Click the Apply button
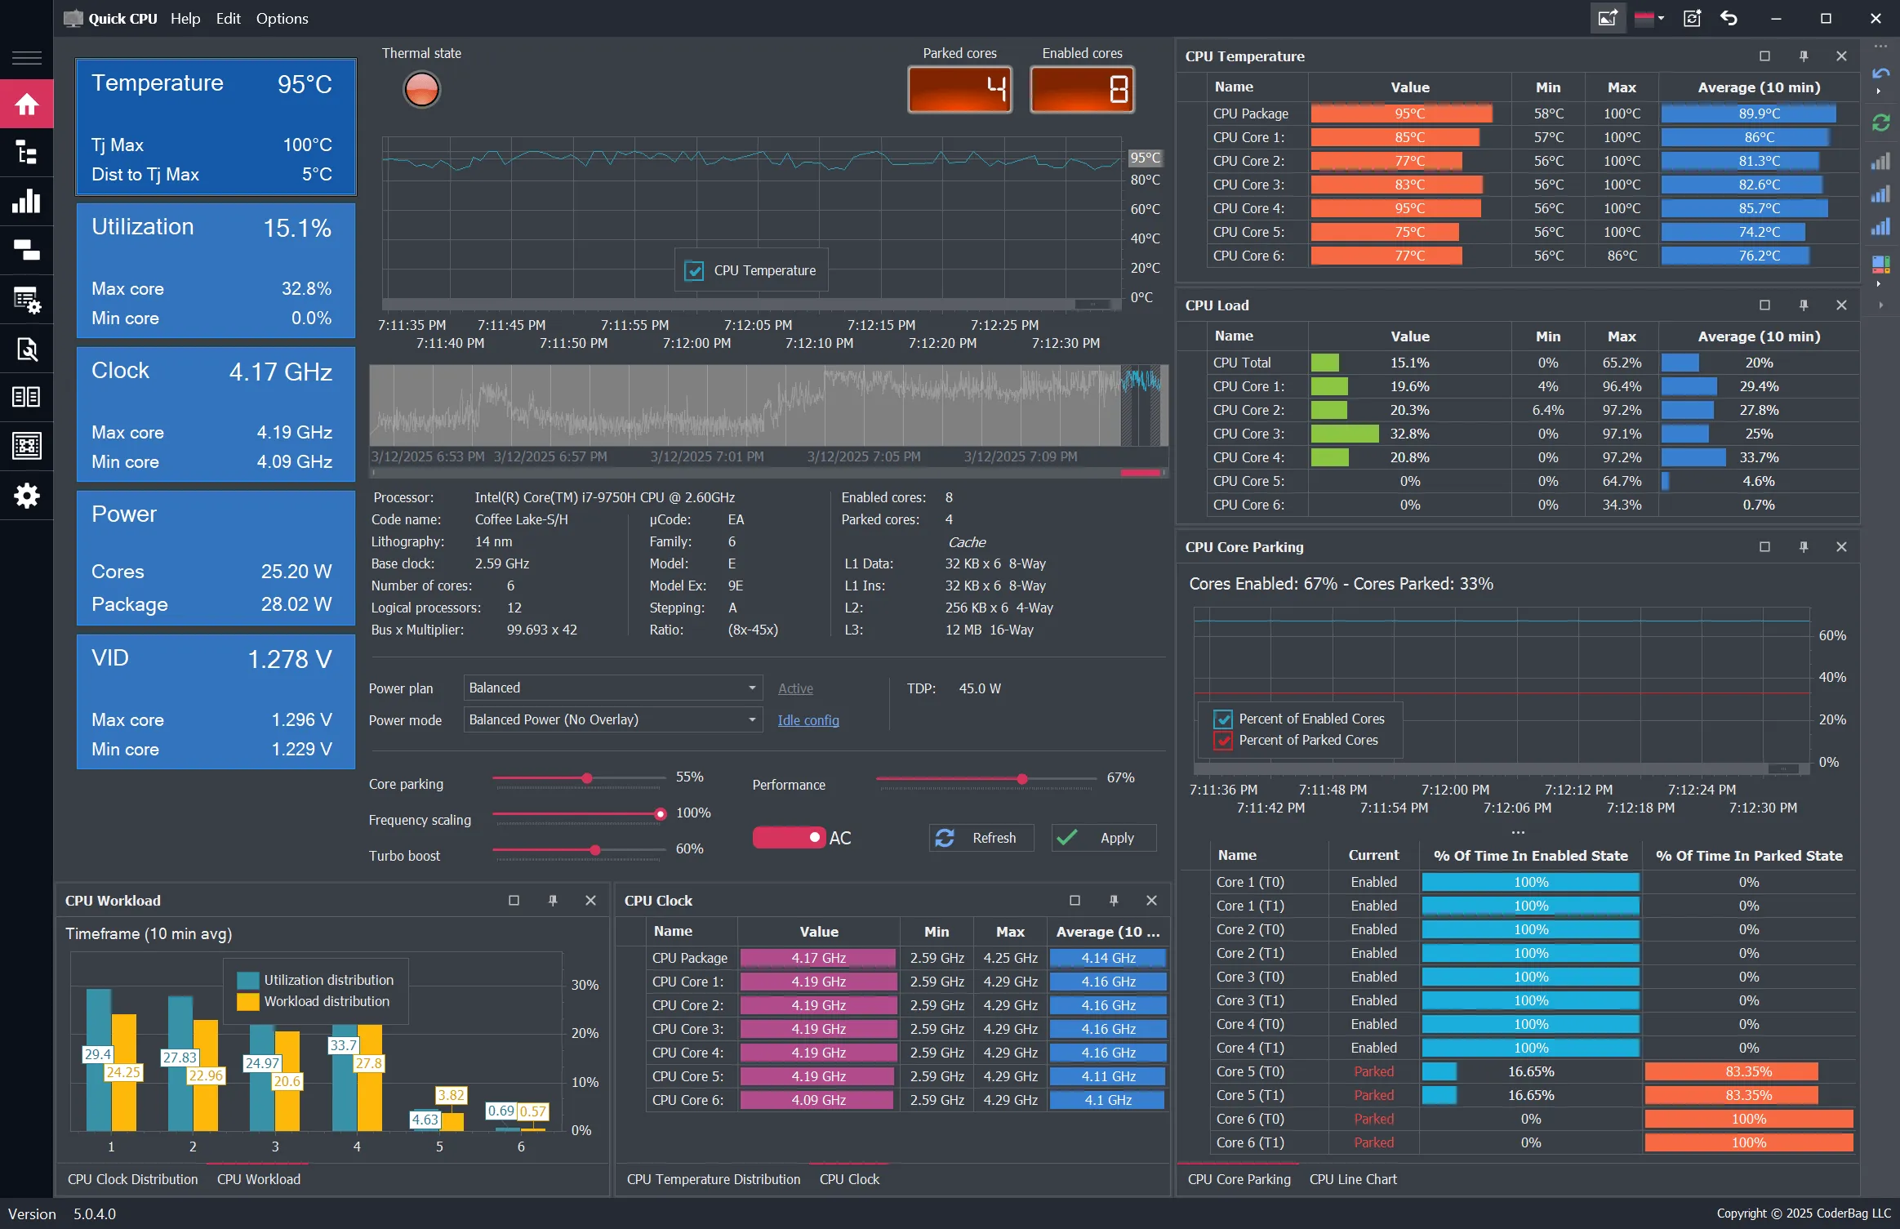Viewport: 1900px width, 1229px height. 1104,838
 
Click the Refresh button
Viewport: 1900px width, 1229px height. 981,838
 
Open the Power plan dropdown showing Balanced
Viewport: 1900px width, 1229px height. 612,688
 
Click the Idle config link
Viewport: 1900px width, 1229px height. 808,720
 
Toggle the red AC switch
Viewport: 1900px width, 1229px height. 788,838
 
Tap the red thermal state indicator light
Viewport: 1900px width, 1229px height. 421,89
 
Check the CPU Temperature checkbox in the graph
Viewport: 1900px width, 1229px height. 694,270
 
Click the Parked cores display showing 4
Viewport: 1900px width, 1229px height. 959,89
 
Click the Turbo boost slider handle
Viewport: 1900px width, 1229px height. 595,850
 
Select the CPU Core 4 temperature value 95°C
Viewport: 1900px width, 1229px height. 1409,208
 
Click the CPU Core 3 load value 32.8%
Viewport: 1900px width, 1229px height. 1409,434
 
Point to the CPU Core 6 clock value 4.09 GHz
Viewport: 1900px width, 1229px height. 817,1100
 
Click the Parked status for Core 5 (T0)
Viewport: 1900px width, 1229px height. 1373,1071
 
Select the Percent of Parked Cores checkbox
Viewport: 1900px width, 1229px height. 1222,741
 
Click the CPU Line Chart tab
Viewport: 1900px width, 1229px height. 1352,1179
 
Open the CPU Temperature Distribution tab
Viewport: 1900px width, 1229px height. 713,1179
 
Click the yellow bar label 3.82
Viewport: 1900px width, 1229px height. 451,1095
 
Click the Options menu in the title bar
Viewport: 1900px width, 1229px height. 282,18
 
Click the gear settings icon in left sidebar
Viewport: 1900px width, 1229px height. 26,495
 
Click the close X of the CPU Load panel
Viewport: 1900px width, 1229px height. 1840,305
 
